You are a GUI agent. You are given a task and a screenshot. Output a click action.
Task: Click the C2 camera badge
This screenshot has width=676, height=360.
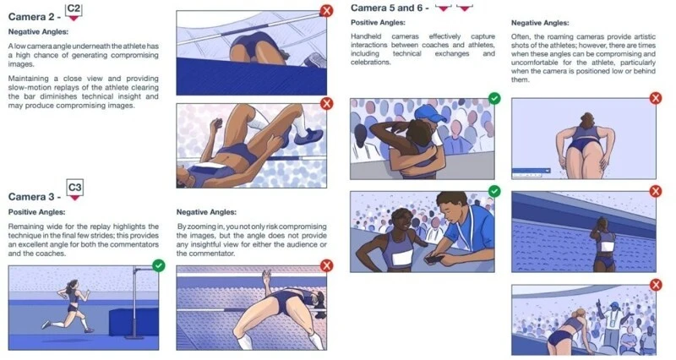tap(74, 11)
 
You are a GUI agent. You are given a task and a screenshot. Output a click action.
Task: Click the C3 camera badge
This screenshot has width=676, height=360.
tap(74, 189)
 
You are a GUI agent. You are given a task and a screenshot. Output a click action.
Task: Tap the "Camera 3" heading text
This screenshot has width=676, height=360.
tap(31, 197)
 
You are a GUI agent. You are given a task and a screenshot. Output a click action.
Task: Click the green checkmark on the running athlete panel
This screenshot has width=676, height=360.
tap(159, 265)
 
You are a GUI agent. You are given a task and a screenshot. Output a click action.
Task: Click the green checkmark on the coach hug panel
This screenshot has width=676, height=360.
tap(494, 98)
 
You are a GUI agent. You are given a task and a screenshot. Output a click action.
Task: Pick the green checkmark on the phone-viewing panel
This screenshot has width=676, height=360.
tap(494, 191)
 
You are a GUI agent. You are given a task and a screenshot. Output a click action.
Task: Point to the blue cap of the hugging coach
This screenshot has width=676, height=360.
tap(430, 113)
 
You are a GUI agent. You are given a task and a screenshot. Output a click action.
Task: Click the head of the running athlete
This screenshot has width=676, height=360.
tap(73, 285)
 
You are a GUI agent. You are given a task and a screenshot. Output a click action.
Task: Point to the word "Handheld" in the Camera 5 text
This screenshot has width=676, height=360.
tap(366, 36)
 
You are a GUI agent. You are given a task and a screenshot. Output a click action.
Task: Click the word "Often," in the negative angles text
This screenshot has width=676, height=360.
tap(521, 36)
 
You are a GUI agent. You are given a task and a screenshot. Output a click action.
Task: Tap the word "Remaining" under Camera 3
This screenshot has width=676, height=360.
tap(26, 226)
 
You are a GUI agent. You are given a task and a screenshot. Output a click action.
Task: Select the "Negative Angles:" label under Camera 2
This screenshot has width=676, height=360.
tap(38, 31)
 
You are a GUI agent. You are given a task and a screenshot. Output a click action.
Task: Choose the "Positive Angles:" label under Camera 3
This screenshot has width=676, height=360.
tap(36, 212)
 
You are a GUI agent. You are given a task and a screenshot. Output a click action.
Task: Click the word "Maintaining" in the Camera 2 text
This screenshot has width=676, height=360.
tap(29, 79)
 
